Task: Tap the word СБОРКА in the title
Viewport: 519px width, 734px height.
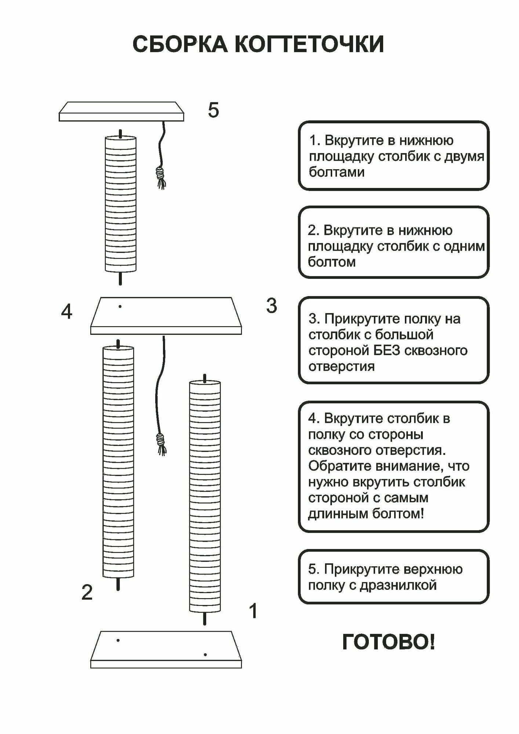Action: click(179, 44)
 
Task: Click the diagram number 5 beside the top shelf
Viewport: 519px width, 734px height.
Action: click(213, 110)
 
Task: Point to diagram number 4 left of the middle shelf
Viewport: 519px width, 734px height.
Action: click(66, 312)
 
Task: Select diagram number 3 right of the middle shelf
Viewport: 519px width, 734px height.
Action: click(271, 306)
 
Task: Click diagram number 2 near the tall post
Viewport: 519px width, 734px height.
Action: click(87, 592)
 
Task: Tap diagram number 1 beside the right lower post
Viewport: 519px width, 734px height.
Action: click(253, 611)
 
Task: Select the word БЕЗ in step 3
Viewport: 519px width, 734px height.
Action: click(386, 350)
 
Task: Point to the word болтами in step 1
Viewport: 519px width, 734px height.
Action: click(337, 172)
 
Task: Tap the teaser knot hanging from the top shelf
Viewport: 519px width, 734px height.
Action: click(160, 172)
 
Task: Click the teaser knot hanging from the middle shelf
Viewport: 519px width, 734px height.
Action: click(160, 439)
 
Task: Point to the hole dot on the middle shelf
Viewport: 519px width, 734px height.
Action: click(120, 306)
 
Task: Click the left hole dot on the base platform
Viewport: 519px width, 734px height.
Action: click(118, 640)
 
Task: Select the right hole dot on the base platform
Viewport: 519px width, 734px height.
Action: click(205, 654)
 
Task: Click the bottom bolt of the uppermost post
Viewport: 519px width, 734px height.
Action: click(120, 278)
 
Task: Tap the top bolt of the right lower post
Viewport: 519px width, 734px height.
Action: click(205, 378)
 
